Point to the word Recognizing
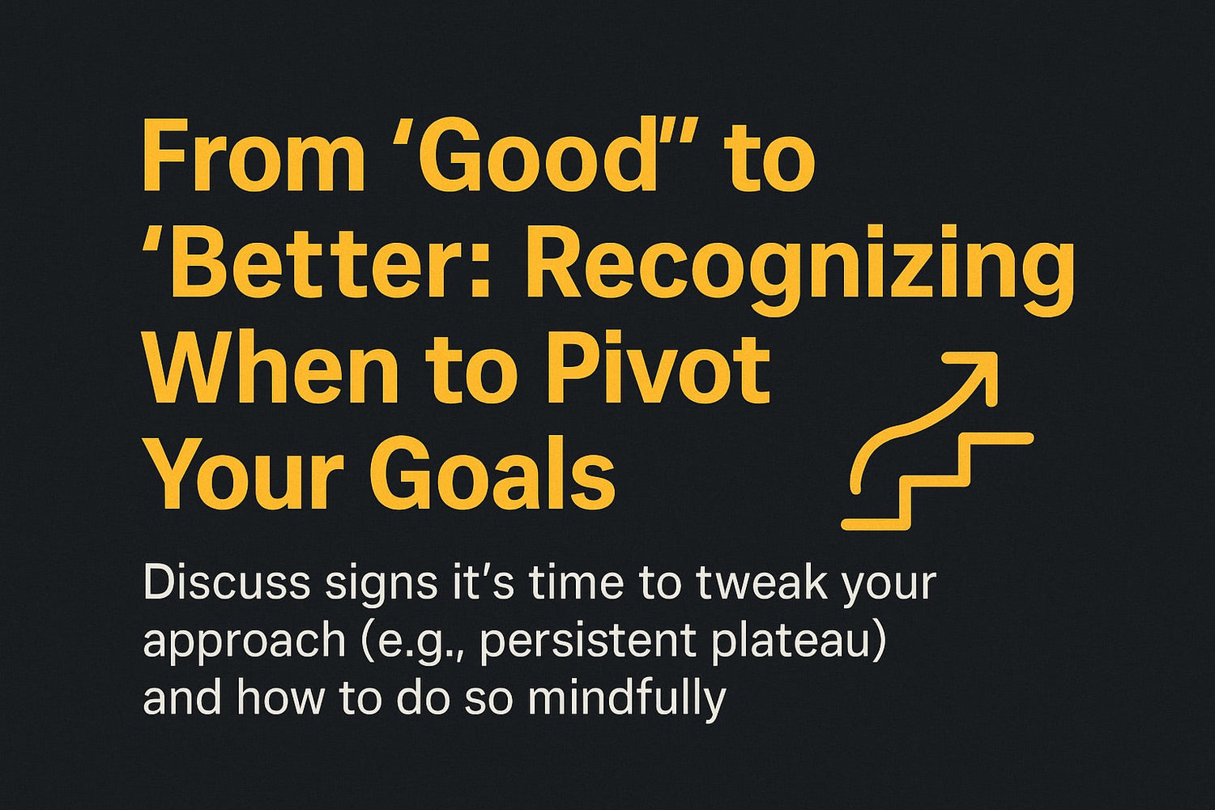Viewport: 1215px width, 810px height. [x=795, y=273]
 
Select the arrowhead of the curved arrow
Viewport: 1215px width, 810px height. [x=976, y=373]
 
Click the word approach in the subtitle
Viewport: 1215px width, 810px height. [x=244, y=643]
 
